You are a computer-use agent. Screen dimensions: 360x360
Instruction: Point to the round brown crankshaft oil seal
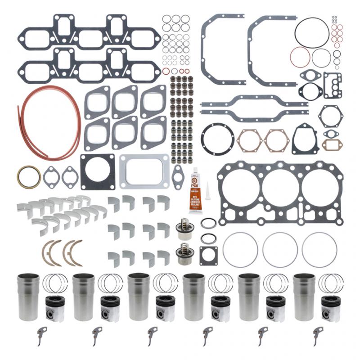(x=29, y=177)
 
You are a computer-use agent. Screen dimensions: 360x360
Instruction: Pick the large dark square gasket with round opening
(x=98, y=171)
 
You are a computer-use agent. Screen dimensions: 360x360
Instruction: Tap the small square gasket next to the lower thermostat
(x=208, y=255)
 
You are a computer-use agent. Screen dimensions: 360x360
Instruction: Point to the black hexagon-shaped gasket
(x=331, y=116)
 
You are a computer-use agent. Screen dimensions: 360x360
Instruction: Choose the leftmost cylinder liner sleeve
(x=27, y=297)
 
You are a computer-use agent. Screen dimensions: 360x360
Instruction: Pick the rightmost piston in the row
(x=331, y=309)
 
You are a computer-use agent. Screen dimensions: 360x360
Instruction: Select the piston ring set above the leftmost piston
(x=55, y=284)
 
